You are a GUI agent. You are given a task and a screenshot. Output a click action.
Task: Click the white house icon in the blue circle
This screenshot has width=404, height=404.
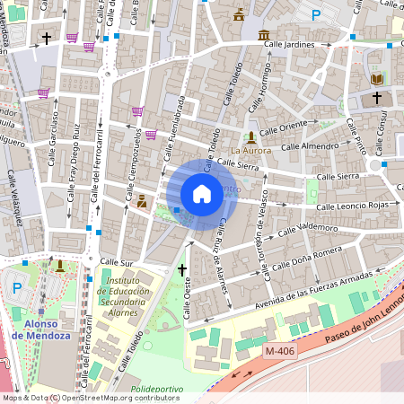point(202,193)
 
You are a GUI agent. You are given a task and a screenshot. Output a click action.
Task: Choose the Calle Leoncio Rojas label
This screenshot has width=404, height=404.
point(333,206)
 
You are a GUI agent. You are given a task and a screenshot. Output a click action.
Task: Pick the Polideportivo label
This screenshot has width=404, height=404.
point(157,390)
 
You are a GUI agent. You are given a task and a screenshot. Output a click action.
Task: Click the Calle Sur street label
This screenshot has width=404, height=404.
point(116,261)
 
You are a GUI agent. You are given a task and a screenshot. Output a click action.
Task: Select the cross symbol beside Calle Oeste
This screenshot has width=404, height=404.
point(182,268)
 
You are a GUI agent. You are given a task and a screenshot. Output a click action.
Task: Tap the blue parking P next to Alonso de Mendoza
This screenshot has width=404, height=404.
point(16,288)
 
